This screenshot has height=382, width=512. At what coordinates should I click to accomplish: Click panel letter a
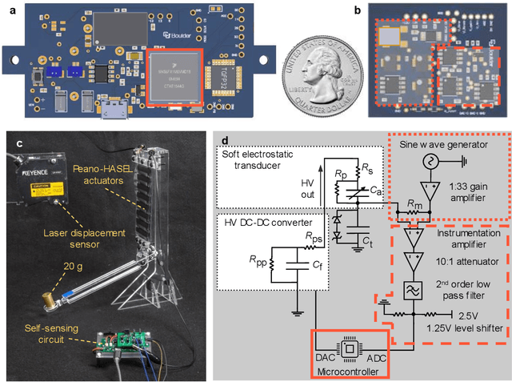click(6, 9)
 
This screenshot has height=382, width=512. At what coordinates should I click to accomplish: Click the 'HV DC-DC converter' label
click(254, 222)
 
